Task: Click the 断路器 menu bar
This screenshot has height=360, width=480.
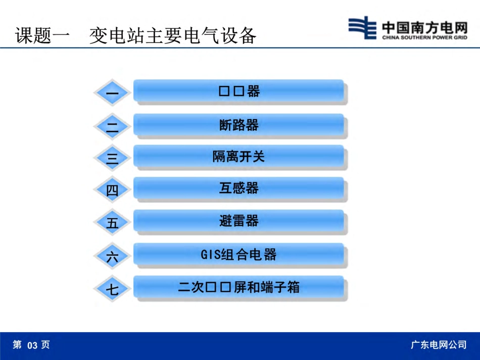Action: pos(238,125)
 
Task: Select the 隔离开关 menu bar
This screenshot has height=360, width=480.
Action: pos(238,157)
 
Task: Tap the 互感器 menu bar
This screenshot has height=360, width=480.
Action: pos(238,188)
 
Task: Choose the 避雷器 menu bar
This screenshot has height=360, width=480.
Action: pos(238,221)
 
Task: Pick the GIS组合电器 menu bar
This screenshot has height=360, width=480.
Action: pos(238,254)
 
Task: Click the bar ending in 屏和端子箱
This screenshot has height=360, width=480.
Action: pos(238,287)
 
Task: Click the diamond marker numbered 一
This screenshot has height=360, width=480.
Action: pos(112,93)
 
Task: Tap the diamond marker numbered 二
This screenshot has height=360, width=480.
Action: pos(112,126)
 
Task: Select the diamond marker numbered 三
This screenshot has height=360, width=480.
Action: pos(112,158)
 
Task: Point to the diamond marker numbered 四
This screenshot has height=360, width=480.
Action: pos(112,190)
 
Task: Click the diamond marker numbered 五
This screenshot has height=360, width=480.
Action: pos(112,223)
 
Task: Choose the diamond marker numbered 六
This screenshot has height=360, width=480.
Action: pos(112,256)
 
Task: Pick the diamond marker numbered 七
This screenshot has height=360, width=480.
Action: pos(112,289)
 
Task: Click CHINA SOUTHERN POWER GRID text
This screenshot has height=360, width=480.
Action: pos(424,37)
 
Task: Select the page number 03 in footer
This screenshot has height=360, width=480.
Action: pos(32,345)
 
